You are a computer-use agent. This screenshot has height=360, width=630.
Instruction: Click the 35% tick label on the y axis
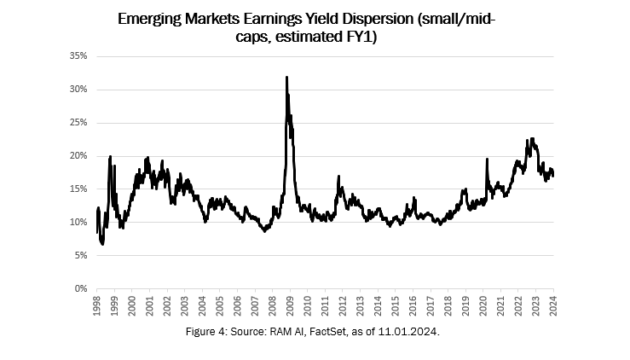click(79, 55)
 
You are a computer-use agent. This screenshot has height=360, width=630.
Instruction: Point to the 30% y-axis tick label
click(79, 89)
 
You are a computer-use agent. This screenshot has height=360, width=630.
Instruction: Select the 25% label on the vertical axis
click(79, 122)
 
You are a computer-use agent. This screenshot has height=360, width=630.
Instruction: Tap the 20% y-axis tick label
click(79, 155)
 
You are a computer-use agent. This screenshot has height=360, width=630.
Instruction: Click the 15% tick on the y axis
click(79, 189)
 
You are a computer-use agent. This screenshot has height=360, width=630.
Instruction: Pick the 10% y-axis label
click(79, 222)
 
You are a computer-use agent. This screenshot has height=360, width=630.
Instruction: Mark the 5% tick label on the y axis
click(82, 255)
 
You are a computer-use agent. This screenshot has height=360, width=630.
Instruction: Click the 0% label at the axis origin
click(82, 288)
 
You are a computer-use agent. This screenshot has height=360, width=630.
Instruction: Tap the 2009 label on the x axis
click(290, 305)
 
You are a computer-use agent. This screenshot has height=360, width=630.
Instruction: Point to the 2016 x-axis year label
click(413, 305)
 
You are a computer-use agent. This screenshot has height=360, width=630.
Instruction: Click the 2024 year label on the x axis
click(553, 305)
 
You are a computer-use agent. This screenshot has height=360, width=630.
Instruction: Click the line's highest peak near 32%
click(286, 78)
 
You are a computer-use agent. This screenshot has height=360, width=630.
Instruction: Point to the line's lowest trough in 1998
click(102, 244)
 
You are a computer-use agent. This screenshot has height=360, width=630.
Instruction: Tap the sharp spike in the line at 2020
click(486, 159)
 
